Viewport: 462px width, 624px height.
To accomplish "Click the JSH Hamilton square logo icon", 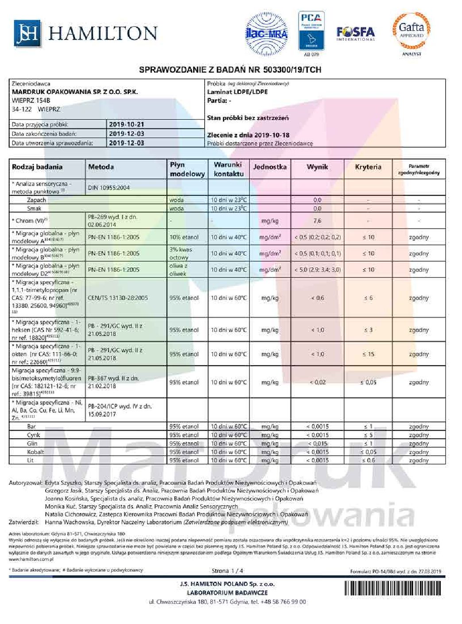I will (27, 33).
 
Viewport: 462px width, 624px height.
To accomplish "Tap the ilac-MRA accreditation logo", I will (267, 32).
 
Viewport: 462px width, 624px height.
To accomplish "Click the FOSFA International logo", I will (355, 33).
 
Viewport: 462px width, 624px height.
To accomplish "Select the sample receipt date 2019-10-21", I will (127, 125).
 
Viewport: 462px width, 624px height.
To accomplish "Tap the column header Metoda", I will (101, 167).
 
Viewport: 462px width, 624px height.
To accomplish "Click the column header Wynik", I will (317, 167).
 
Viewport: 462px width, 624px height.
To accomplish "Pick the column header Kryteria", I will (368, 167).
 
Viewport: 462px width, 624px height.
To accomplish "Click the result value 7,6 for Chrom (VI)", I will (317, 221).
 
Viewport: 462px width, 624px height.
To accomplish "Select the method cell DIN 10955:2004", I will (109, 187).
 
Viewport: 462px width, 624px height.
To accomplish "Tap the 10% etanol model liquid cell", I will (184, 237).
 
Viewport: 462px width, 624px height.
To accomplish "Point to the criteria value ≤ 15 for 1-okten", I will (368, 354).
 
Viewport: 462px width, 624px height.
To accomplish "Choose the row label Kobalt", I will (35, 452).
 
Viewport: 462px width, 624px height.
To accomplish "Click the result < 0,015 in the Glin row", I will (317, 444).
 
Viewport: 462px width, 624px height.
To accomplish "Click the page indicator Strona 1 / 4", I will (227, 570).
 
